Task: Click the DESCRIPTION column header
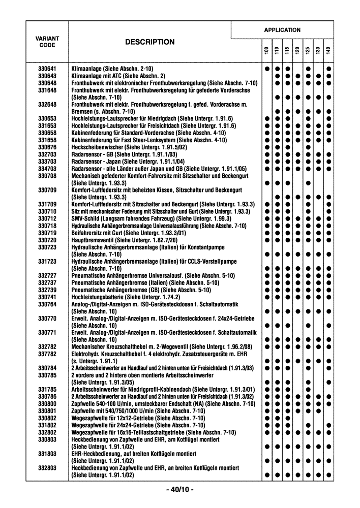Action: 150,42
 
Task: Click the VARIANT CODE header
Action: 47,42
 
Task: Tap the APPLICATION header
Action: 282,30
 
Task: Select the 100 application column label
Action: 266,51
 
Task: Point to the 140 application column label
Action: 329,51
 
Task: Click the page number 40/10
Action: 179,490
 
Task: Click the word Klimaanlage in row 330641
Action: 86,69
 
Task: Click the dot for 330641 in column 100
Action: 266,69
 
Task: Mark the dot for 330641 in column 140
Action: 329,69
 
